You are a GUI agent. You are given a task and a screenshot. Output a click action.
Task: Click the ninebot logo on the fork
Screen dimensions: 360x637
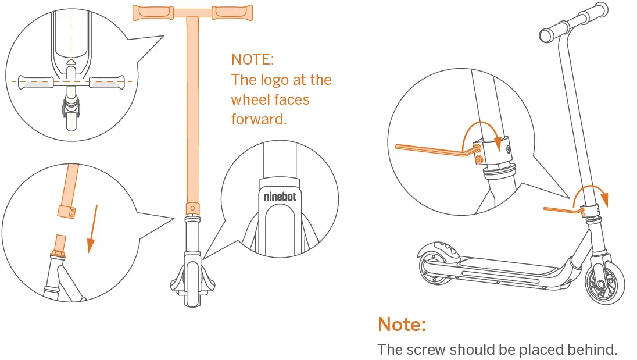[280, 197]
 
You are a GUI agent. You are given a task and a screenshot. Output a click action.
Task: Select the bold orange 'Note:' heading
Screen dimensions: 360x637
[402, 324]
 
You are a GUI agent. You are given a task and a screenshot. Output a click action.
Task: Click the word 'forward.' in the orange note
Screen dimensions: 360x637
[259, 119]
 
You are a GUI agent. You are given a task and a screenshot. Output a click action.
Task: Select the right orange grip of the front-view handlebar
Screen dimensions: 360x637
[233, 11]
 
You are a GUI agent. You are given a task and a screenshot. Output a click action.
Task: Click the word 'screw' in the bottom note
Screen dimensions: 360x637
[427, 350]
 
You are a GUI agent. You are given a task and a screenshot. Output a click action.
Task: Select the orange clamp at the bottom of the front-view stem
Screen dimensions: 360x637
[191, 208]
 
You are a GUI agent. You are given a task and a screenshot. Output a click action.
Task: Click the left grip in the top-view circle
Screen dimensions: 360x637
[36, 82]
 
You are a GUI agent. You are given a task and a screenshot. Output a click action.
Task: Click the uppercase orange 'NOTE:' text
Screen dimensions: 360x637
[252, 59]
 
